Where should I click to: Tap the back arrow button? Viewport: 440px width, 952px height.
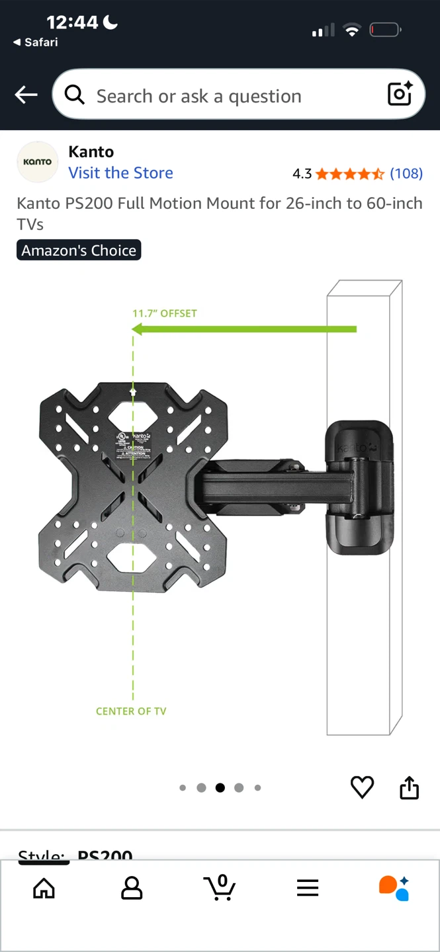point(26,95)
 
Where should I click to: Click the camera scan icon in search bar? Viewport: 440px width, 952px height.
point(400,95)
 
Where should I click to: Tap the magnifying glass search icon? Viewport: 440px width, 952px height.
point(75,95)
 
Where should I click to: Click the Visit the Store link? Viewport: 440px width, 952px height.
point(120,173)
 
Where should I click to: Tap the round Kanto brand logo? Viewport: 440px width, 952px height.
point(38,162)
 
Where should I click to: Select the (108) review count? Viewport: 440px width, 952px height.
point(406,173)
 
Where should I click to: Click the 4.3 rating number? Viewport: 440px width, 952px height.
point(302,174)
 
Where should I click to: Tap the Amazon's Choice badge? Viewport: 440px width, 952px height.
point(79,251)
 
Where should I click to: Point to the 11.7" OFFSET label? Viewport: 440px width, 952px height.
point(165,313)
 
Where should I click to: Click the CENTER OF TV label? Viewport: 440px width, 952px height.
point(131,711)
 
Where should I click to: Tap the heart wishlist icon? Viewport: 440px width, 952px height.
point(362,787)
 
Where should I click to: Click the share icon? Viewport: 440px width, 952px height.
point(409,787)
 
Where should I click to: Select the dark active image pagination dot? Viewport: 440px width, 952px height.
point(220,787)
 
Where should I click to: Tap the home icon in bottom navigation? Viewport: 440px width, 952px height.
point(44,889)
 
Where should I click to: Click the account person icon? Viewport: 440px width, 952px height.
point(132,889)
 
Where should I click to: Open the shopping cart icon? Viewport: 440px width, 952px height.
point(220,888)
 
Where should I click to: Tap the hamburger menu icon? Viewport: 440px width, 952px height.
point(308,889)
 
